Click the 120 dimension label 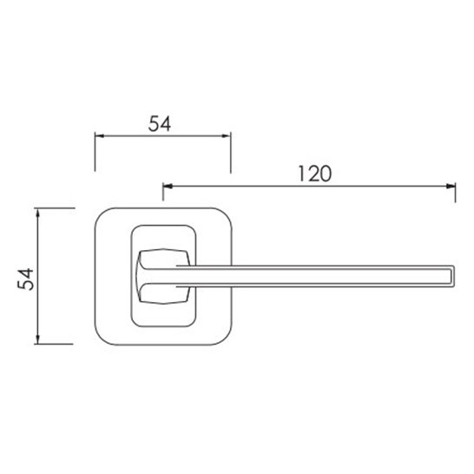314,174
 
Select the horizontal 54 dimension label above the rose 160,123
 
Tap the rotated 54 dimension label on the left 26,279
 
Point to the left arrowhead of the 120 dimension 168,186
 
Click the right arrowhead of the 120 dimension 451,186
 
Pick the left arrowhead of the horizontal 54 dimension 100,136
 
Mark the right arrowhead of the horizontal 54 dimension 226,136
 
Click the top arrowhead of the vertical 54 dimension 37,213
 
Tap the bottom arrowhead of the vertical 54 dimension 37,339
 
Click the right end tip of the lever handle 455,276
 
